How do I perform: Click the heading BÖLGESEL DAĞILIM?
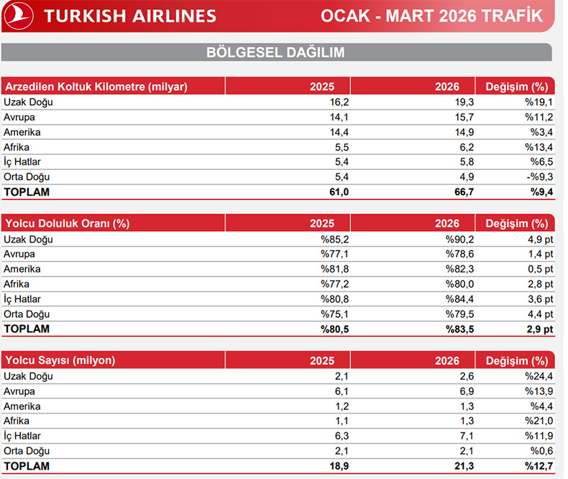(x=275, y=53)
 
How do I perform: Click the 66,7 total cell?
(x=462, y=192)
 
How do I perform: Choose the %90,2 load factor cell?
(x=459, y=239)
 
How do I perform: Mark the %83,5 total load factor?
(x=458, y=329)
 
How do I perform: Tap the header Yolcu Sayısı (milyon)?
(x=60, y=360)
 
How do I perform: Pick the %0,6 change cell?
(x=541, y=451)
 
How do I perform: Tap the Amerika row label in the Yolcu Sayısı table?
(x=22, y=406)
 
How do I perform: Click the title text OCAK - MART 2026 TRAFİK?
(x=431, y=16)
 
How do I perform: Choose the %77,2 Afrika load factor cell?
(x=334, y=284)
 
